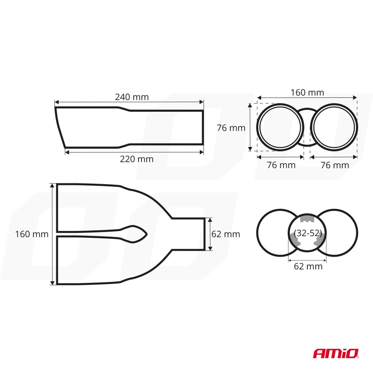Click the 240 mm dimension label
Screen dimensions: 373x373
click(132, 97)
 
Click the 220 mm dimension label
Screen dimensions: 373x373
click(137, 159)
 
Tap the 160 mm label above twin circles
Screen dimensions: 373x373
click(307, 93)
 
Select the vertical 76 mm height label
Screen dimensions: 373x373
click(231, 128)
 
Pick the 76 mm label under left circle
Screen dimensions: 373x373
click(281, 165)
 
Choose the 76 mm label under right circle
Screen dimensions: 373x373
click(335, 165)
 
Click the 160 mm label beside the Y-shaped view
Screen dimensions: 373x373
click(32, 234)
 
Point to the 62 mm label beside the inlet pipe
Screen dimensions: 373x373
click(226, 234)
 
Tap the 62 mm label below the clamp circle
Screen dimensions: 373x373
click(308, 266)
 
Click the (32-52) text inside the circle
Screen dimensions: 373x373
click(307, 233)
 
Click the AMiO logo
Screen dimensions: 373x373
click(336, 353)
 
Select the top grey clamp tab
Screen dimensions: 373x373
click(307, 219)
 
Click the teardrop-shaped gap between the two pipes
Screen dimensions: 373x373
click(135, 234)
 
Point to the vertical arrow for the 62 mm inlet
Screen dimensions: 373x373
click(210, 234)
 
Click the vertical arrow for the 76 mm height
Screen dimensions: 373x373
click(251, 127)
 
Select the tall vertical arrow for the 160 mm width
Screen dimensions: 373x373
click(52, 234)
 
